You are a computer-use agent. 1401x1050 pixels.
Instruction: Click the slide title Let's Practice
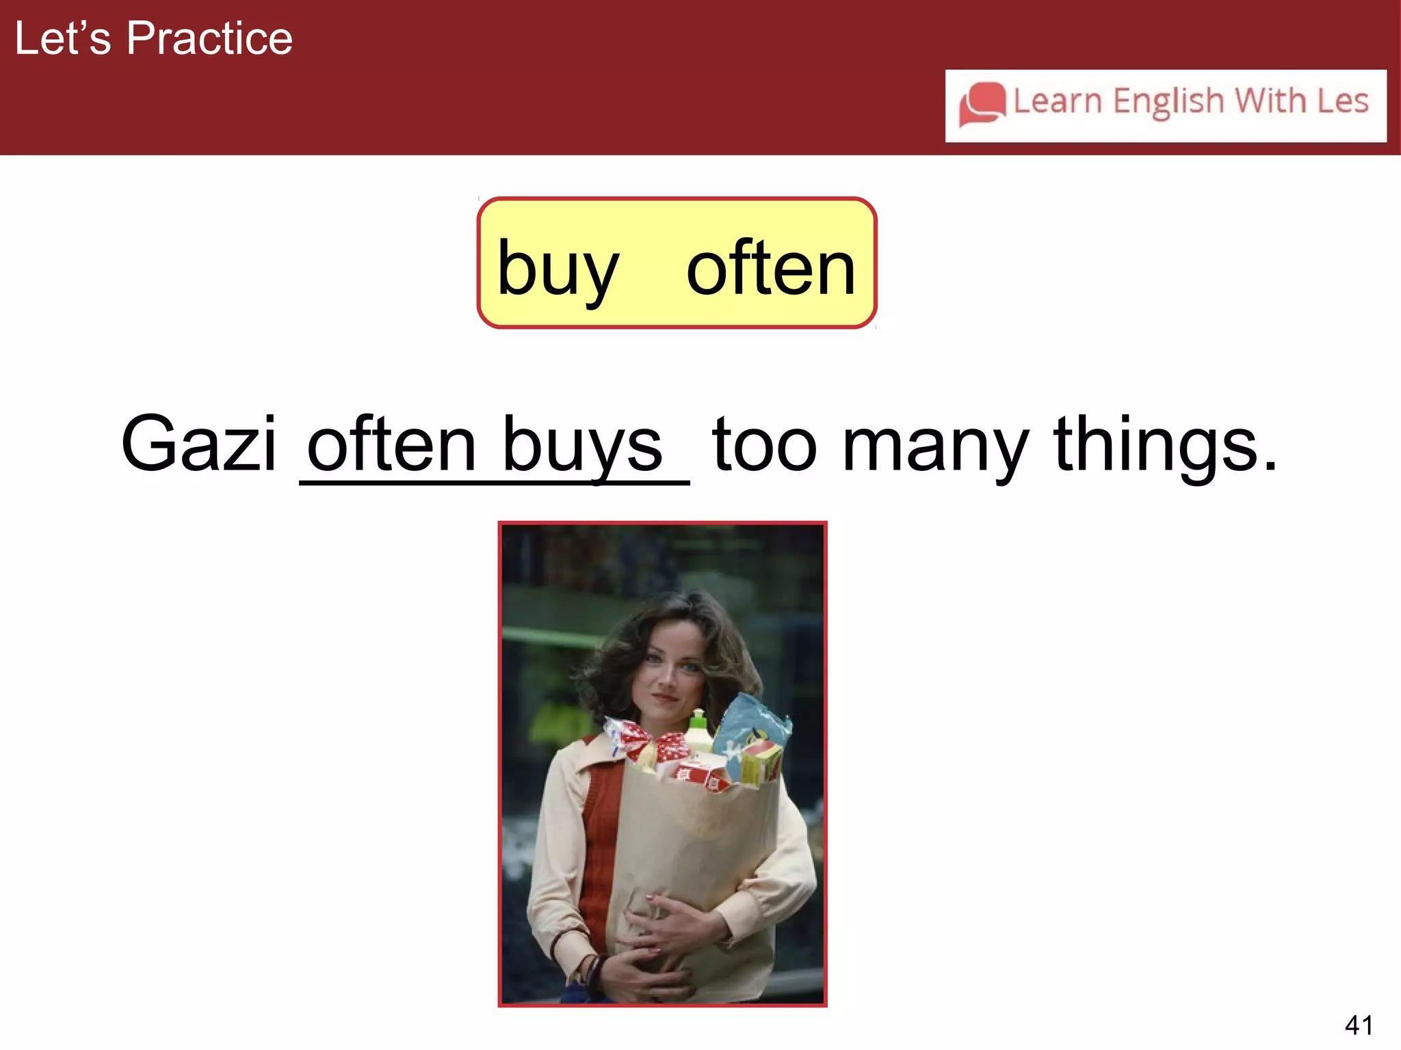(x=153, y=38)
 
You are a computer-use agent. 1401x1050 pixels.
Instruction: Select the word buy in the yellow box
(x=558, y=269)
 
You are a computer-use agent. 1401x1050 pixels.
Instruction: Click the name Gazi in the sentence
(x=198, y=444)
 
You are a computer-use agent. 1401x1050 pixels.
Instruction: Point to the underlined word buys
(x=582, y=446)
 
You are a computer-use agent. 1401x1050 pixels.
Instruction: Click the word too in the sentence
(x=764, y=446)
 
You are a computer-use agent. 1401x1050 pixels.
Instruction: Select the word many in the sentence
(x=935, y=446)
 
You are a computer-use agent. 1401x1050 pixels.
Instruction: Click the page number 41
(x=1358, y=1025)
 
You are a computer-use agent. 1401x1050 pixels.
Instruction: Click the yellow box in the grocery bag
(x=761, y=762)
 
